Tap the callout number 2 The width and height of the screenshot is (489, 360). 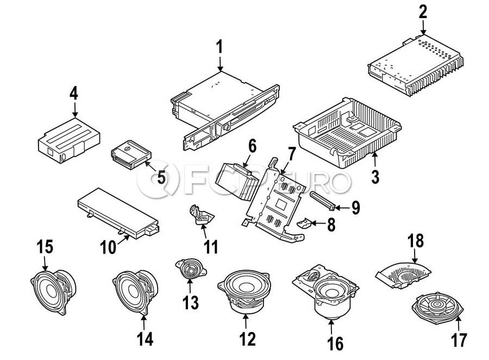click(423, 11)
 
